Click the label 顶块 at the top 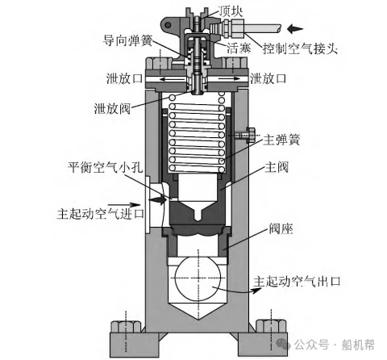[231, 11]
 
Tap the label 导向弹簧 [127, 41]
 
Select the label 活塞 [239, 48]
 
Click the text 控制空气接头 [300, 48]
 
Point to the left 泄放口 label [124, 78]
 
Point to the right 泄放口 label [268, 78]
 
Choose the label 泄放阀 [112, 108]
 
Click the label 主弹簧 [281, 140]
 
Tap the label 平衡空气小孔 [105, 167]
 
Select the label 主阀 [277, 167]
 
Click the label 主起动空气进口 [101, 214]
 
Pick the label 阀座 [281, 229]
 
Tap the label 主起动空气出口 [297, 282]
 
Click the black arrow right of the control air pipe [295, 28]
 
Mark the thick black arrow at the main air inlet [157, 199]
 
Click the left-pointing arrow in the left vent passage [173, 79]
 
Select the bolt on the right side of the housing [245, 135]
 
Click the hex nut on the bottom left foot [126, 327]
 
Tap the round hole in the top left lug [168, 25]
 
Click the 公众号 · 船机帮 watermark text [334, 345]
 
